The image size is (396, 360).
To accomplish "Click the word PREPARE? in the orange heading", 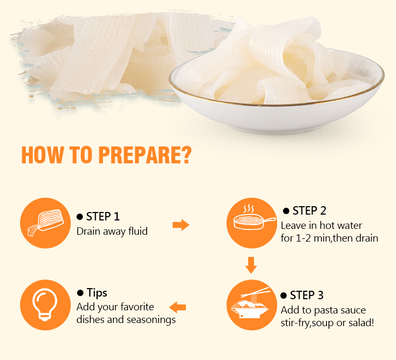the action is coord(145,155).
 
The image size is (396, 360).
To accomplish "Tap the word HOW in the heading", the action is coord(43,155).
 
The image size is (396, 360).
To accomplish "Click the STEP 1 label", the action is coord(102,217).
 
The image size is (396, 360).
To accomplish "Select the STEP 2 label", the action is coord(309,211).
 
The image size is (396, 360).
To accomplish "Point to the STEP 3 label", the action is coord(307,296).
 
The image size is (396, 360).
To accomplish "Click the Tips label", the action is coord(97,293).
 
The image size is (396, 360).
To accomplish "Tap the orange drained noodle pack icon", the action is coord(45,223).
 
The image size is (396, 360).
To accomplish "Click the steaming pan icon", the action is coord(251,223).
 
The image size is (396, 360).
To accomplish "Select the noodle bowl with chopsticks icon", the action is coord(251,305).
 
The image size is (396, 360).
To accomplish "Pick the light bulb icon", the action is coord(45,305).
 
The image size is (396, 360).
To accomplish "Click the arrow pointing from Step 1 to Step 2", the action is coord(181,225).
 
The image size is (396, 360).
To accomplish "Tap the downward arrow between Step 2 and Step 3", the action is coord(251,265).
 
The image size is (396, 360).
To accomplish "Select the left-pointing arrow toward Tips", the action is coord(177,307).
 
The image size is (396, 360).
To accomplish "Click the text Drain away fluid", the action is coord(112,232).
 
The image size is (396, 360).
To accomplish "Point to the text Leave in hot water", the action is coord(321,226).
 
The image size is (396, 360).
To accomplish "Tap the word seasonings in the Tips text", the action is coord(151,320).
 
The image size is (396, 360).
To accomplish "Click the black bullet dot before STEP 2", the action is coord(286,211).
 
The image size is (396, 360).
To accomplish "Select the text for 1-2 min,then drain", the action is coord(329,238).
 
